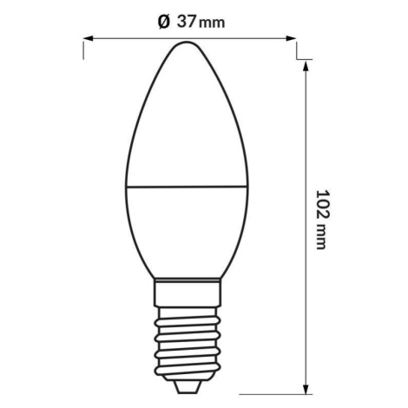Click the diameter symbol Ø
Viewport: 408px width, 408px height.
[x=164, y=23]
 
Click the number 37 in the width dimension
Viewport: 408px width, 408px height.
[x=187, y=22]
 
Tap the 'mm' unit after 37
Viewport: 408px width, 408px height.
[x=212, y=23]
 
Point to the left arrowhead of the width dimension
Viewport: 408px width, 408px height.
[x=88, y=38]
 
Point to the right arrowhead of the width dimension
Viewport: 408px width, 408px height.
[x=291, y=38]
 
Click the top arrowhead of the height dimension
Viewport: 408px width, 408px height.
[x=306, y=66]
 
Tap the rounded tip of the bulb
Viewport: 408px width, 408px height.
[x=187, y=43]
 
